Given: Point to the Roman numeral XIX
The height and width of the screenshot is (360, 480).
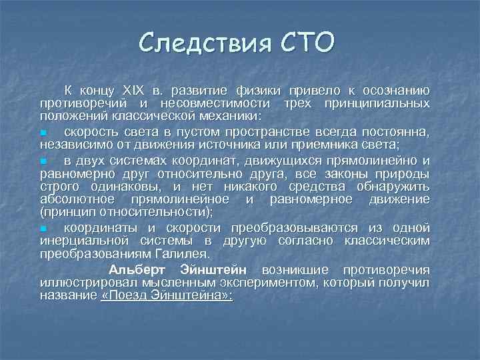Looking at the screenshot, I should point(134,90).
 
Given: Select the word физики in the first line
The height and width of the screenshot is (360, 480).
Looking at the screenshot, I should point(257,90).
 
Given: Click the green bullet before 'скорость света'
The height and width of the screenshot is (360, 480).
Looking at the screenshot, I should point(42,133).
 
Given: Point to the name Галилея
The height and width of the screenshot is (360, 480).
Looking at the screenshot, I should point(183,253).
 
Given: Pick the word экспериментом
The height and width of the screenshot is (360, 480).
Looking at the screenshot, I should point(275,283).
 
